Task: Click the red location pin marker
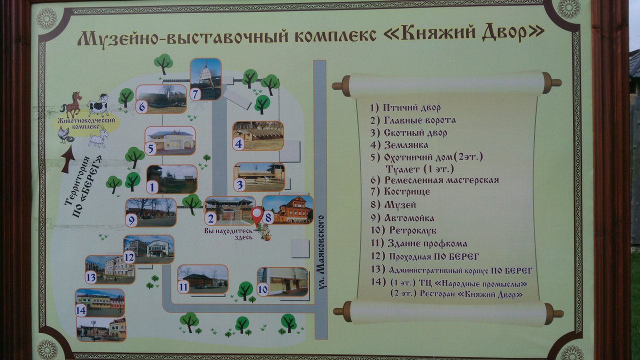pos(257,215)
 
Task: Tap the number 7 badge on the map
pos(195,94)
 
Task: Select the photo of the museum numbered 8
pos(288,209)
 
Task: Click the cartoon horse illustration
pos(71,104)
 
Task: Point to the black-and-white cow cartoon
pos(98,104)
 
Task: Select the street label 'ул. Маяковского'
pos(321,252)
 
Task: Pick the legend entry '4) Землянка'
pos(399,145)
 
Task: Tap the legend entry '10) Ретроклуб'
pos(403,230)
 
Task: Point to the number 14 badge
pos(81,310)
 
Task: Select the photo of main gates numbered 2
pos(229,210)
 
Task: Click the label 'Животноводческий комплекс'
pos(86,123)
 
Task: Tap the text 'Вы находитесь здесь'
pos(228,233)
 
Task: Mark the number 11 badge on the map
pos(183,287)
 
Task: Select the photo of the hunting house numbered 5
pos(170,141)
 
